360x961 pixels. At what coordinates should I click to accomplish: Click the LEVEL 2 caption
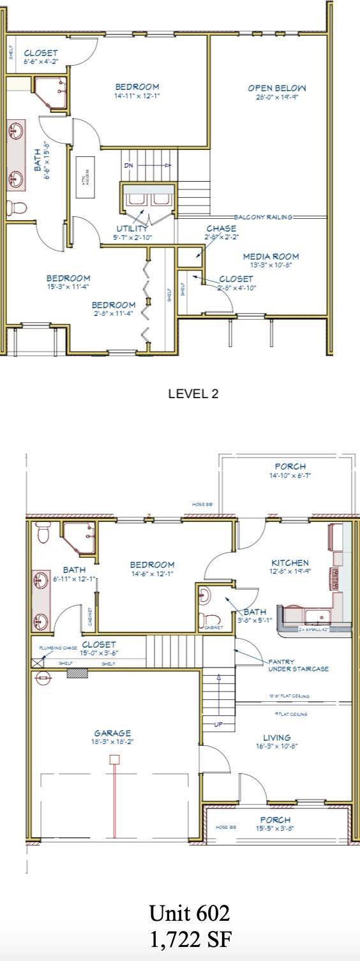193,394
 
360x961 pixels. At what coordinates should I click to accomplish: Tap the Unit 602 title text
189,914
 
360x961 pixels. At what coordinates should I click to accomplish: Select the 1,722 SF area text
189,939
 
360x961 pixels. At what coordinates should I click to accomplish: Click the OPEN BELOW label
277,88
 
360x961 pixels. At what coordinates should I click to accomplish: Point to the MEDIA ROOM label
271,257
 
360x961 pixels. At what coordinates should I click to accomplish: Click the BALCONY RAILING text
263,217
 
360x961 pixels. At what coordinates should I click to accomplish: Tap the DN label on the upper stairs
129,165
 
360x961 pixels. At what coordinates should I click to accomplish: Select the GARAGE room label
113,733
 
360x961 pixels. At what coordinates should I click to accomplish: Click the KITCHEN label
290,563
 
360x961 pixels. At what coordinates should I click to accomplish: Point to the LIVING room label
276,737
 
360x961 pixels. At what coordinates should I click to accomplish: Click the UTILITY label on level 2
132,228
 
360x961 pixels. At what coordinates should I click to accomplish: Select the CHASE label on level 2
221,228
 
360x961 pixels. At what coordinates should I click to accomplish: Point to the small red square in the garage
114,759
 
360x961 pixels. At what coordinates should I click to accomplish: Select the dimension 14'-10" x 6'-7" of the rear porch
290,475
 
